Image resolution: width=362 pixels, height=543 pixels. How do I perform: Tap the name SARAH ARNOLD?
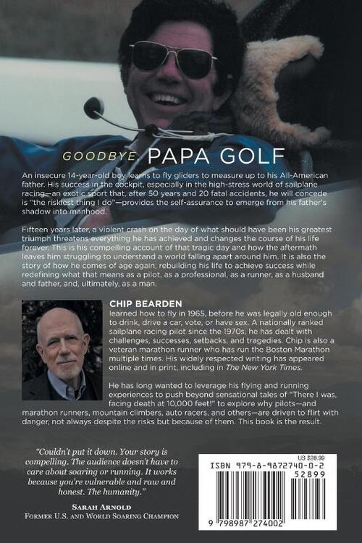(97, 507)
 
